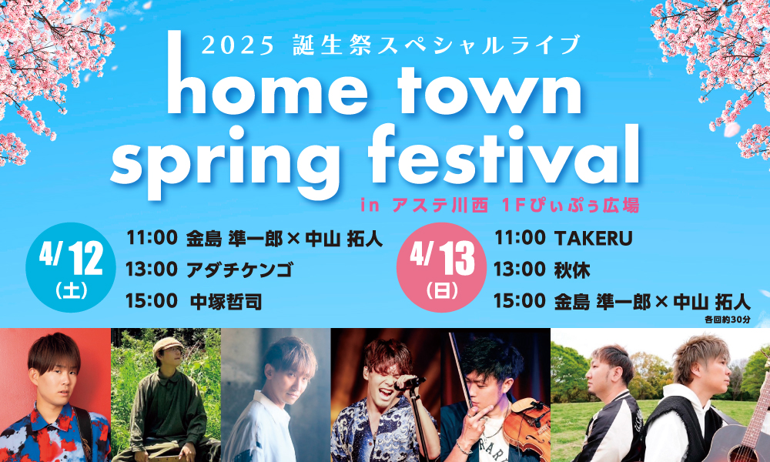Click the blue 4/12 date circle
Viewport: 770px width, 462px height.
point(71,268)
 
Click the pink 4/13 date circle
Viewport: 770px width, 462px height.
point(441,268)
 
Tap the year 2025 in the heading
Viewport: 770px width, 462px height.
point(238,46)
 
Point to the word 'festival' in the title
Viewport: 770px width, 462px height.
point(504,154)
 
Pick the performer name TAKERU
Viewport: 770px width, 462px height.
point(593,239)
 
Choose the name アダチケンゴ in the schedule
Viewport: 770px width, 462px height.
point(239,270)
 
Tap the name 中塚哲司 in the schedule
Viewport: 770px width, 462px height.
point(226,302)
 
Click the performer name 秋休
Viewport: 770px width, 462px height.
point(572,270)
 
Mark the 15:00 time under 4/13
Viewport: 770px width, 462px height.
point(519,301)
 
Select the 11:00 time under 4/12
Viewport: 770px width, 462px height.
point(152,238)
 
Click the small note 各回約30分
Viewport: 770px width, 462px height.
point(728,320)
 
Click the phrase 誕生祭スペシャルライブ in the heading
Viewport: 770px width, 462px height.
point(437,45)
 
